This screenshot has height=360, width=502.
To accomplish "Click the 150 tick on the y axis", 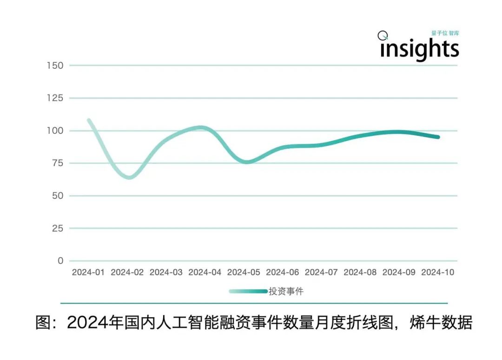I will (55, 66).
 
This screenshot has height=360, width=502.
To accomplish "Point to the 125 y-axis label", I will (55, 98).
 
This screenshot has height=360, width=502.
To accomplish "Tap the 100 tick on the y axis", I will (55, 131).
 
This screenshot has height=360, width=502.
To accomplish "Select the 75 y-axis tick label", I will (57, 163).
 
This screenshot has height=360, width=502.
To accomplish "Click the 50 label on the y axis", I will (57, 196).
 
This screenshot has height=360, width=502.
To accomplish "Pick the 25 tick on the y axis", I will (57, 228).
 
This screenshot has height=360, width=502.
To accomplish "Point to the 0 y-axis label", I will (60, 261).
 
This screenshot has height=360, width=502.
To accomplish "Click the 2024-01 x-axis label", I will (88, 273).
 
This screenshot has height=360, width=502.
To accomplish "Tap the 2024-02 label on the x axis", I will (127, 273).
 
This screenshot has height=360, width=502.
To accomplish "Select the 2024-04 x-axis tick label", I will (205, 273).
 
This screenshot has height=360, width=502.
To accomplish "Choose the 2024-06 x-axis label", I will (283, 273).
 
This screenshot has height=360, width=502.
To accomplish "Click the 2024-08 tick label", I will (360, 273).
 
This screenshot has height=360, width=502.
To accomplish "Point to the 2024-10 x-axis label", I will (437, 273).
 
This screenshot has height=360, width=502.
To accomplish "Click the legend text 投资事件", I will (286, 292).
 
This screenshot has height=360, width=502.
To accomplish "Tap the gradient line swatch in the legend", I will (248, 292).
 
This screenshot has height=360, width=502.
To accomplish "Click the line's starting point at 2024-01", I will (88, 120).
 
